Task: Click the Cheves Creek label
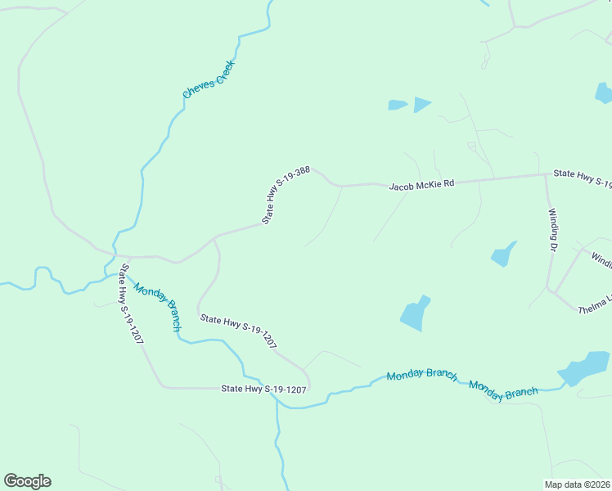pyautogui.click(x=209, y=79)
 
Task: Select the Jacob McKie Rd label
pyautogui.click(x=421, y=186)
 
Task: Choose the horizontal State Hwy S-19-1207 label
pyautogui.click(x=263, y=390)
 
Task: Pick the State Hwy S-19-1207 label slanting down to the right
pyautogui.click(x=239, y=332)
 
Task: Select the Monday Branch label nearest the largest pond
pyautogui.click(x=503, y=390)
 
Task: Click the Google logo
pyautogui.click(x=27, y=481)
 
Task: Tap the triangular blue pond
pyautogui.click(x=421, y=104)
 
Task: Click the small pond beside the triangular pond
pyautogui.click(x=398, y=105)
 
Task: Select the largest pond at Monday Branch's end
pyautogui.click(x=587, y=367)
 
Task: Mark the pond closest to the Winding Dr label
pyautogui.click(x=504, y=254)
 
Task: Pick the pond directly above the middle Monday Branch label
pyautogui.click(x=416, y=313)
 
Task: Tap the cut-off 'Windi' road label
pyautogui.click(x=601, y=260)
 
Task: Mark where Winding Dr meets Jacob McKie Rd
pyautogui.click(x=546, y=174)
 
